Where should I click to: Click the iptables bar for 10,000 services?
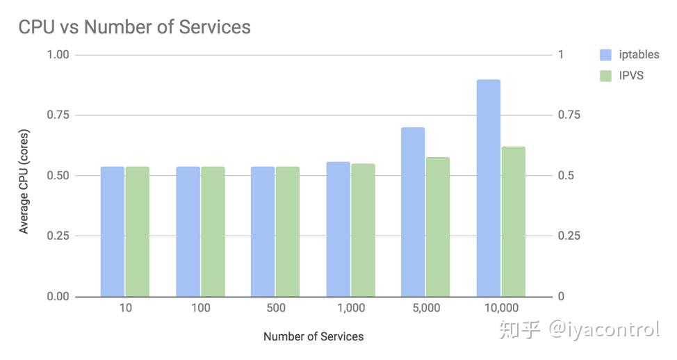pos(489,188)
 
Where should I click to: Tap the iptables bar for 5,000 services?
pos(413,212)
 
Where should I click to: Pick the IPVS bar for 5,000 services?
pos(438,227)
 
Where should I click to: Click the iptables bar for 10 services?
pos(113,231)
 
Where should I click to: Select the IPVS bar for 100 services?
pos(213,231)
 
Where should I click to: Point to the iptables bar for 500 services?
pos(263,231)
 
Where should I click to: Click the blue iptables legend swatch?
pos(605,55)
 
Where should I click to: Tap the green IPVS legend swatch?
pos(605,75)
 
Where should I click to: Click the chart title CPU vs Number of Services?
pos(134,27)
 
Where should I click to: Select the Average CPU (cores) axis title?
pos(24,181)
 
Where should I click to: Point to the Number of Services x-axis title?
pos(313,336)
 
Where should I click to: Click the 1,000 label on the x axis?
pos(350,308)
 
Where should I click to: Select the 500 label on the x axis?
pos(275,308)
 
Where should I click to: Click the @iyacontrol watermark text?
pos(604,329)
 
